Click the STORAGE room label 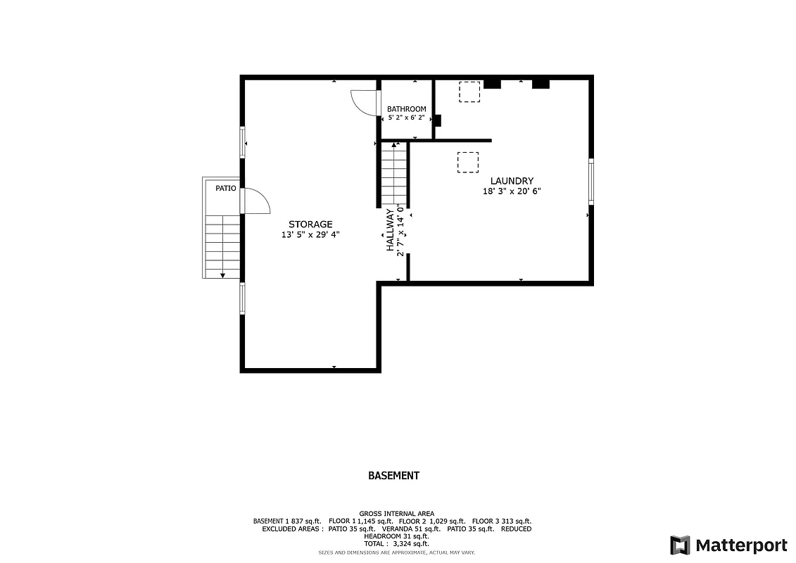(310, 224)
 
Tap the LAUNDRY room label (512, 181)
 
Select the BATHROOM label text (406, 109)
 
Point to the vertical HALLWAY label (389, 230)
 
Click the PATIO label (225, 188)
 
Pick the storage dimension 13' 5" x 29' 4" (310, 235)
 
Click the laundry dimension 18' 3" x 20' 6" (512, 191)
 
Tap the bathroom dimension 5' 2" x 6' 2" (406, 118)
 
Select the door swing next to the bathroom (365, 102)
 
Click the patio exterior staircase (222, 246)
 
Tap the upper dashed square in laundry (469, 92)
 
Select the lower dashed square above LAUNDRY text (467, 163)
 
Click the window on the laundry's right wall (590, 182)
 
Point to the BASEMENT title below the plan (393, 476)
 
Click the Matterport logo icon (680, 545)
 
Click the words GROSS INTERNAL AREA (396, 514)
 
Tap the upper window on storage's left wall (243, 141)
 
